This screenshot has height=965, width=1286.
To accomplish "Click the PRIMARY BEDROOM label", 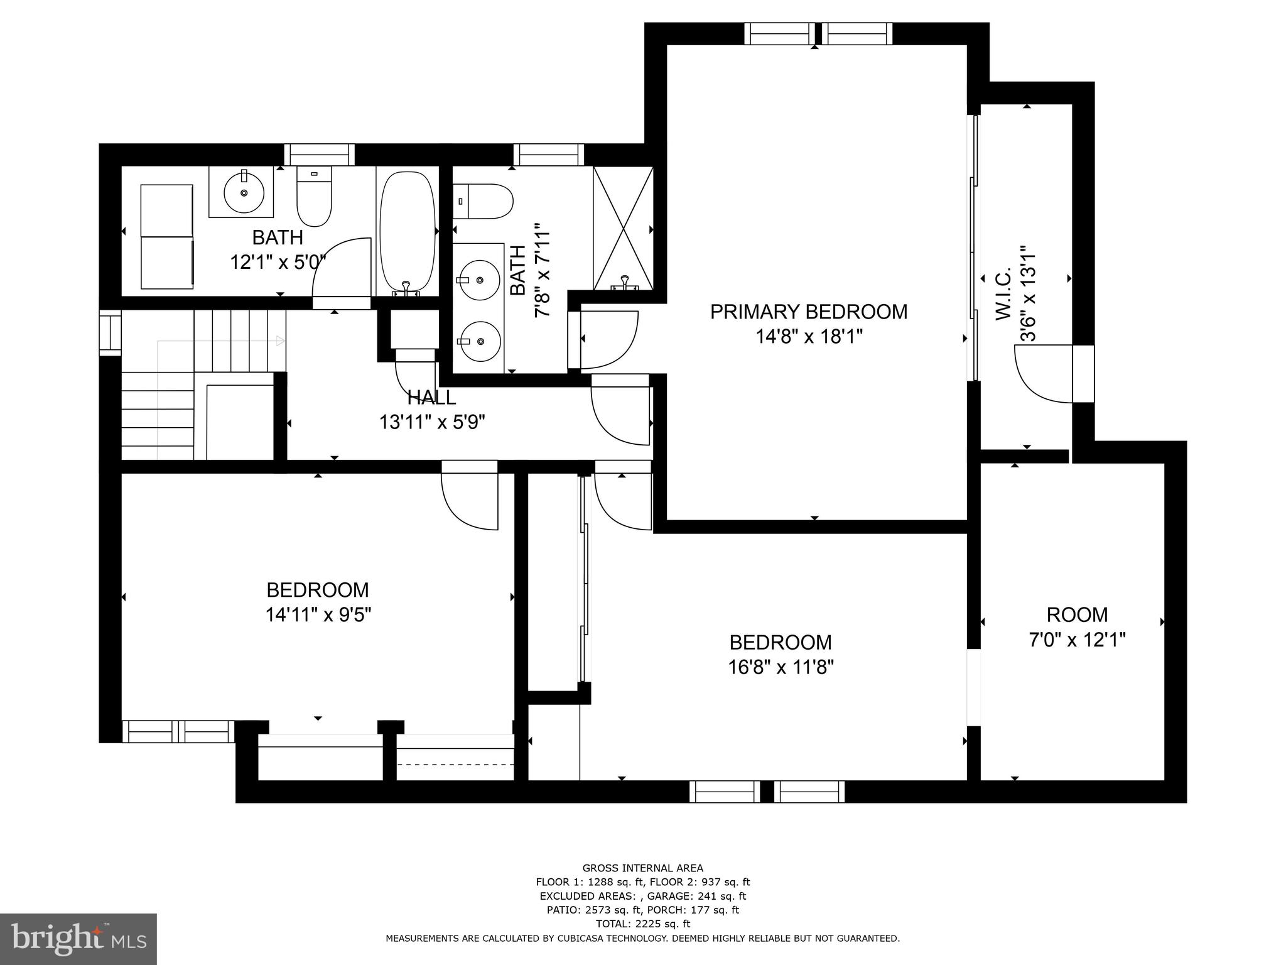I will [808, 312].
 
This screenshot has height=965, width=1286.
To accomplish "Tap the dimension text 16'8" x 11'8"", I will [781, 667].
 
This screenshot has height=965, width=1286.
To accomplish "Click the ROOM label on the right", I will [1077, 614].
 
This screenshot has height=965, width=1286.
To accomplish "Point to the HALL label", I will [431, 397].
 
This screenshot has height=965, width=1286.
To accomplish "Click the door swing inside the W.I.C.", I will [1043, 373].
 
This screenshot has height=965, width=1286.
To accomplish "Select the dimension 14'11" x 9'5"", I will [318, 614].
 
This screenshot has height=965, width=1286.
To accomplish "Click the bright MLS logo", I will [78, 939].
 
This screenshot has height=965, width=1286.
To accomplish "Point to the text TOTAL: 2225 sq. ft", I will [642, 924].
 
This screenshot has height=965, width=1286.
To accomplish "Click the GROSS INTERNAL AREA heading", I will [642, 868].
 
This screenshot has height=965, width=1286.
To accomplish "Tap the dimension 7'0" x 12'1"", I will [1077, 640].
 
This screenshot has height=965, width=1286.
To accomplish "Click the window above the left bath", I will [319, 155].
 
